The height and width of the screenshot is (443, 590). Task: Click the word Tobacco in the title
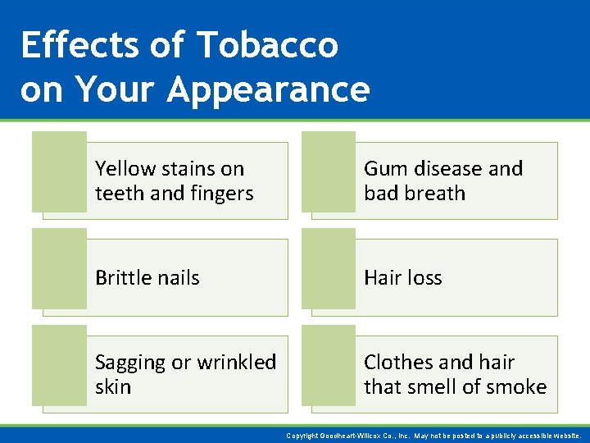(x=267, y=45)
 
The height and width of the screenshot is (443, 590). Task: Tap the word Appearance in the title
(x=268, y=89)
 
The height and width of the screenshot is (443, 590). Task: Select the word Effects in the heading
(x=80, y=45)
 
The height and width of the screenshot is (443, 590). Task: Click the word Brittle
(x=123, y=278)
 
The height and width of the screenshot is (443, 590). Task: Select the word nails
(x=178, y=278)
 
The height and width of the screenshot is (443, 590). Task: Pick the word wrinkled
(x=236, y=362)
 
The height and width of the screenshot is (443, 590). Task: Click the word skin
(x=113, y=386)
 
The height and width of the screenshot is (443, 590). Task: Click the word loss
(x=422, y=278)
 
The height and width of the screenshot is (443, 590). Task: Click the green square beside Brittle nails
(x=59, y=269)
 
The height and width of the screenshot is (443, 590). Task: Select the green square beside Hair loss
(x=328, y=269)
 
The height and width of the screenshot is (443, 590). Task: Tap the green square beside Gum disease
(x=328, y=171)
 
